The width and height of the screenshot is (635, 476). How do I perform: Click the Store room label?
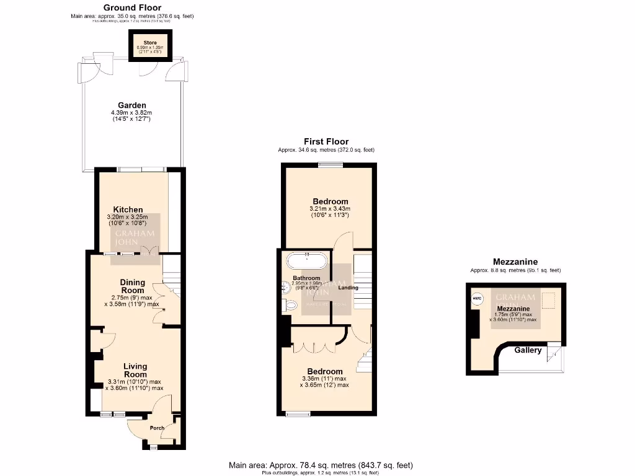[141, 43]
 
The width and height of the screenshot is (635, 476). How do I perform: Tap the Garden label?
[132, 105]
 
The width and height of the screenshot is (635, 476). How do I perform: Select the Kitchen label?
[128, 209]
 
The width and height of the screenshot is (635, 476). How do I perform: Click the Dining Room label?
[132, 286]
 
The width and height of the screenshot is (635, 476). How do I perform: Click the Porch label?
[157, 428]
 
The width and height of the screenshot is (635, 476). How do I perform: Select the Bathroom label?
[306, 278]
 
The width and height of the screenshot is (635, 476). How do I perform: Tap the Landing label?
[347, 288]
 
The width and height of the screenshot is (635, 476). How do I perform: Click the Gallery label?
[528, 350]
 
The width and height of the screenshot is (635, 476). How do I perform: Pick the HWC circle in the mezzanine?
[477, 299]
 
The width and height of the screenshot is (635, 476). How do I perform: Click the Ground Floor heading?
[132, 7]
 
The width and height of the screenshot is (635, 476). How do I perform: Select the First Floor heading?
[326, 142]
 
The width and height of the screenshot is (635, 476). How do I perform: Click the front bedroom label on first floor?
[324, 371]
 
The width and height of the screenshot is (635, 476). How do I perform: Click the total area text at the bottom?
[321, 465]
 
